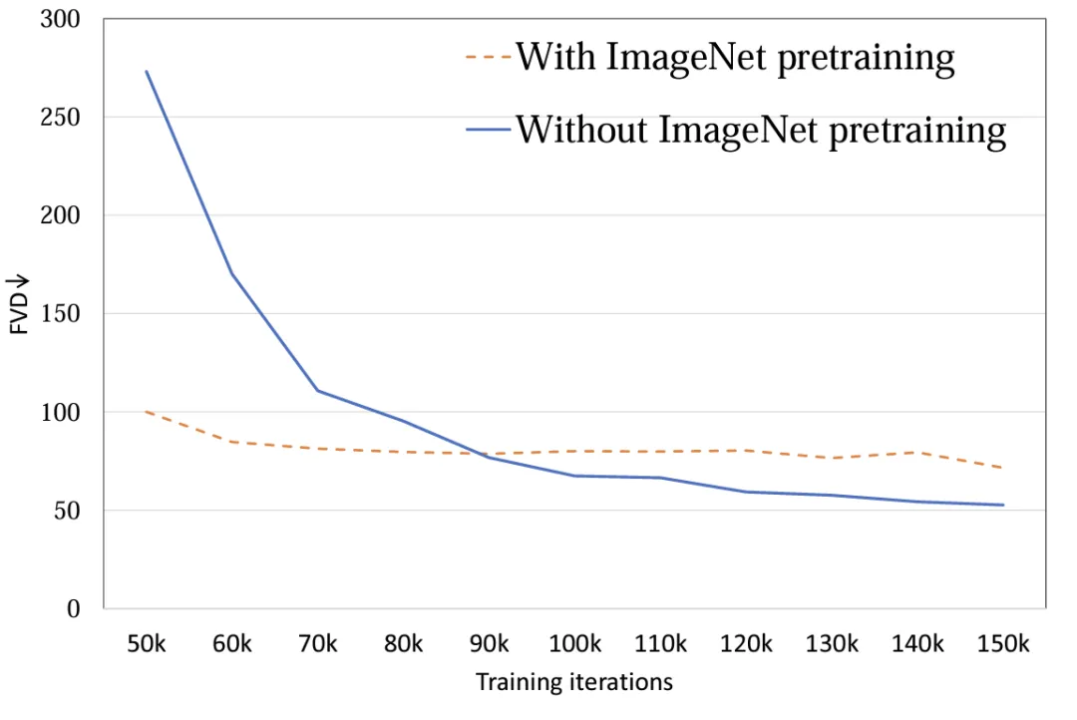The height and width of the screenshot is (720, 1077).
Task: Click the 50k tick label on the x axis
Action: click(x=147, y=643)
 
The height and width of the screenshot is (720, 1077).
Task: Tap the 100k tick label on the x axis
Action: click(x=575, y=643)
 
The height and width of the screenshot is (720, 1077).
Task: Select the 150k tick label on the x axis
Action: click(x=1003, y=643)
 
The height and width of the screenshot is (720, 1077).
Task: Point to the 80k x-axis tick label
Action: click(x=404, y=643)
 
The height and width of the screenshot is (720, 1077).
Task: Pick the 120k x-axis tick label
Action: click(x=747, y=643)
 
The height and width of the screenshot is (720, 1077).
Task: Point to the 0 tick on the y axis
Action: click(x=73, y=609)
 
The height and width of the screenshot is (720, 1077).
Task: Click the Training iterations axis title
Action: click(x=573, y=683)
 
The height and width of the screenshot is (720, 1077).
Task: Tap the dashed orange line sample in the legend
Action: click(x=488, y=57)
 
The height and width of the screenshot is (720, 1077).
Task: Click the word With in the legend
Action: click(x=553, y=57)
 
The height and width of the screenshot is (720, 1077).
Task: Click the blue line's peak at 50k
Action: click(x=147, y=72)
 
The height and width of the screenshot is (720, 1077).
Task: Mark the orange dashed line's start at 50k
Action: click(x=147, y=411)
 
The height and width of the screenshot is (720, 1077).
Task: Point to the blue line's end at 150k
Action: click(x=1003, y=505)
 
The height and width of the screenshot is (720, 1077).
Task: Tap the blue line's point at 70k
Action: click(x=318, y=390)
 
